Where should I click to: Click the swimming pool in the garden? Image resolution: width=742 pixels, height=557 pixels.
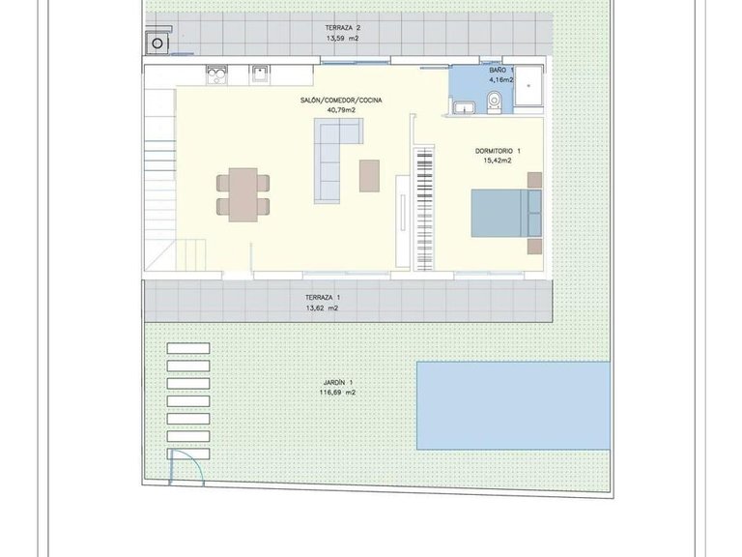click(513, 405)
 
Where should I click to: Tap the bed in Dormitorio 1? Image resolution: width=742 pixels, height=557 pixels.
click(505, 213)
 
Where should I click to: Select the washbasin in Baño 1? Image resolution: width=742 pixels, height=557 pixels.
click(464, 107)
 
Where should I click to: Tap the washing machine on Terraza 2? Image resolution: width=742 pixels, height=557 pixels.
click(156, 43)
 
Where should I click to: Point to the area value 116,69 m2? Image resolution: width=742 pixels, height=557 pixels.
click(337, 394)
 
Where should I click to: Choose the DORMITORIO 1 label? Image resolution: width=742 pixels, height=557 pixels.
click(498, 151)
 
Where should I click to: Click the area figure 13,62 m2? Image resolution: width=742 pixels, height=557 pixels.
click(322, 308)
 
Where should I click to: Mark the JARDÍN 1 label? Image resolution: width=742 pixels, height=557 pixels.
click(337, 383)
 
